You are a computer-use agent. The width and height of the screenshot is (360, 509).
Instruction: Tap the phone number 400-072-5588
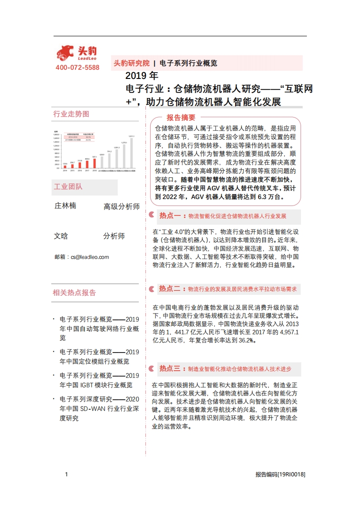77,68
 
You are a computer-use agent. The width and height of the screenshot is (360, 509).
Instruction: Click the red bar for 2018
94,163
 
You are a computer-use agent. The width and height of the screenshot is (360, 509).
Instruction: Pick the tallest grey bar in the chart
131,153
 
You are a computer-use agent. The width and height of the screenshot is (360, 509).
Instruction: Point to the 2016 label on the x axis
80,171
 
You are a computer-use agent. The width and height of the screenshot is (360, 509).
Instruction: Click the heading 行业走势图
71,114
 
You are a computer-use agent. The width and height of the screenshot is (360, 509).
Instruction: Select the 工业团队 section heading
69,186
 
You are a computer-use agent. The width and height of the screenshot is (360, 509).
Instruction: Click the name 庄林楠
65,206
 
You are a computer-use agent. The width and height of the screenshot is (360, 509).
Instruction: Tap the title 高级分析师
122,207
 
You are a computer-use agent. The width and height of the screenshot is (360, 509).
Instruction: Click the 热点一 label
170,215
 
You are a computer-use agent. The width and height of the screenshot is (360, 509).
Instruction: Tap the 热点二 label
170,289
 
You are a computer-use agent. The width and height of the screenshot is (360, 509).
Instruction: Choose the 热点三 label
170,368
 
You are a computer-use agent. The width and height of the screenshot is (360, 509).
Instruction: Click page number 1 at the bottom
66,475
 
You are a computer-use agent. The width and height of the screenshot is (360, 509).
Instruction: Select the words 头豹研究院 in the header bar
131,63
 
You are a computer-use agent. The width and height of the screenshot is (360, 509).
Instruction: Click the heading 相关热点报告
74,293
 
